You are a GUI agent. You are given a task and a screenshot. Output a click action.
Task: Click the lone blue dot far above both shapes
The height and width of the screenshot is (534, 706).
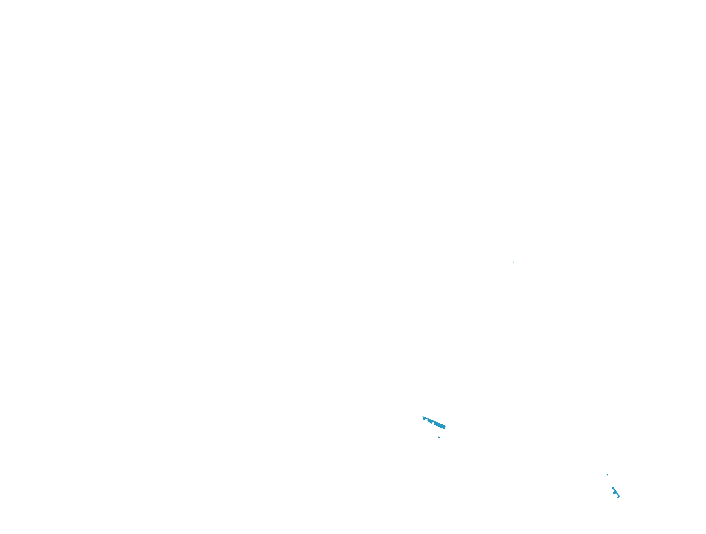tap(514, 262)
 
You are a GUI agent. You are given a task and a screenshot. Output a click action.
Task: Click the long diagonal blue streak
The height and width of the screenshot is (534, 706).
tap(434, 422)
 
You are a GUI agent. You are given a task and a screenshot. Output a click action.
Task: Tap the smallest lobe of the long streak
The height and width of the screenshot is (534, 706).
tap(424, 418)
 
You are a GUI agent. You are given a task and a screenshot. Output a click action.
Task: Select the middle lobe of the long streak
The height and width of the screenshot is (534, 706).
tap(430, 421)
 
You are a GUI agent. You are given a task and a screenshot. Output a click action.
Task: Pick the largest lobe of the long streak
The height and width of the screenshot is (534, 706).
tap(440, 425)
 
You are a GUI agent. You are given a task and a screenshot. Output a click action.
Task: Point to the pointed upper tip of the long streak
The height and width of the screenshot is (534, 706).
tap(423, 417)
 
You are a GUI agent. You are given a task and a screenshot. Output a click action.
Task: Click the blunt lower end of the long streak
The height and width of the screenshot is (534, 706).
tap(445, 427)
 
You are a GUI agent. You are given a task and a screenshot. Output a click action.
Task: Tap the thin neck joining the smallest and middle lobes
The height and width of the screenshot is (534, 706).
tap(426, 418)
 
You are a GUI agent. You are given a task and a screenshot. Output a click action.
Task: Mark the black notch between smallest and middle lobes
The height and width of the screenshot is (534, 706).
tap(426, 420)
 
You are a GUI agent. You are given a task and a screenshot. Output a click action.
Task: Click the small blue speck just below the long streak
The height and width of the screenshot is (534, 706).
tap(439, 437)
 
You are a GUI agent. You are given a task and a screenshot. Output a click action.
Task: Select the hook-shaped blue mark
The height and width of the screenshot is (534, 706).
tap(615, 492)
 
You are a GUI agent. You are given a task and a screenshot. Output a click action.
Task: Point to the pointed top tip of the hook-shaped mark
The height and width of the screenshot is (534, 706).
tap(613, 487)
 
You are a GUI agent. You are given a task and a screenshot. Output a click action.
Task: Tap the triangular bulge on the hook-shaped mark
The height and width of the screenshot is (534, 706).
tap(615, 492)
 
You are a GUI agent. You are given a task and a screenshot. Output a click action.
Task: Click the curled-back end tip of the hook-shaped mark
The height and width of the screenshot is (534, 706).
tap(617, 497)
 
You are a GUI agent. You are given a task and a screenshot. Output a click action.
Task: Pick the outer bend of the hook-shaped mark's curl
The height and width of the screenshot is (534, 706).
tap(619, 496)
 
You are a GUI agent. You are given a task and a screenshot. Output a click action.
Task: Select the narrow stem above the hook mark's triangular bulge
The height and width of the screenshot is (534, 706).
tap(614, 489)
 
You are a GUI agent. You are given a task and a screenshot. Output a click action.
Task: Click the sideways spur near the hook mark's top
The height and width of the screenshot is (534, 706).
tap(612, 488)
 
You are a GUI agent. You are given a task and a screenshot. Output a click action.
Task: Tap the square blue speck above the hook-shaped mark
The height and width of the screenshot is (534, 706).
tap(607, 475)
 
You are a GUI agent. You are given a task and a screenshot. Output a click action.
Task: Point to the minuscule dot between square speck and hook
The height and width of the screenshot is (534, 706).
tap(611, 484)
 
